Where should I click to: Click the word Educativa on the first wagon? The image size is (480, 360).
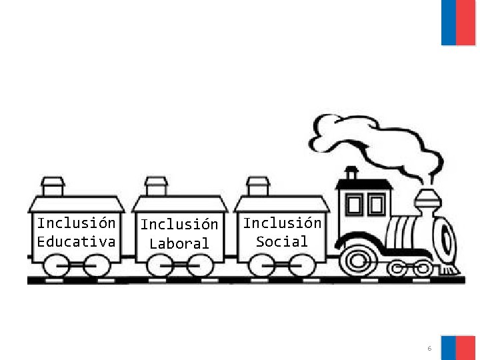point(76,241)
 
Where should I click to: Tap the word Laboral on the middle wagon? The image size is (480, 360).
point(179,243)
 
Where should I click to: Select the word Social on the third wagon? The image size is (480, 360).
point(282,241)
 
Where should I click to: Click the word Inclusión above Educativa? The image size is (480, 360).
point(76,223)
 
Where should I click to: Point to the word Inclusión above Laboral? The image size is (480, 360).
point(179,225)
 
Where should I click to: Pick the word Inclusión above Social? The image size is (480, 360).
point(282,223)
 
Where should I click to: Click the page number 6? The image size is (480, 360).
point(429,349)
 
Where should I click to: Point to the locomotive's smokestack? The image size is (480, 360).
point(427,201)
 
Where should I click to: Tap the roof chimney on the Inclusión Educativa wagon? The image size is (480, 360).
point(53,185)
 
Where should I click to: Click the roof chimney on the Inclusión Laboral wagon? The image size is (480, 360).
point(156,185)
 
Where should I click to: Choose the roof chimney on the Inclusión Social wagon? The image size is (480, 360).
point(257,185)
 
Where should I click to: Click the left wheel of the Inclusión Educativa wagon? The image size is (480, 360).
point(58,266)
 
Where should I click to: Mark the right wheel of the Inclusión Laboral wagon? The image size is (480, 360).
point(199,266)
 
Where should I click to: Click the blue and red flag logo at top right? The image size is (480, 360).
point(459,22)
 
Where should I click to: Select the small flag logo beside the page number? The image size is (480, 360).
point(458,347)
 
